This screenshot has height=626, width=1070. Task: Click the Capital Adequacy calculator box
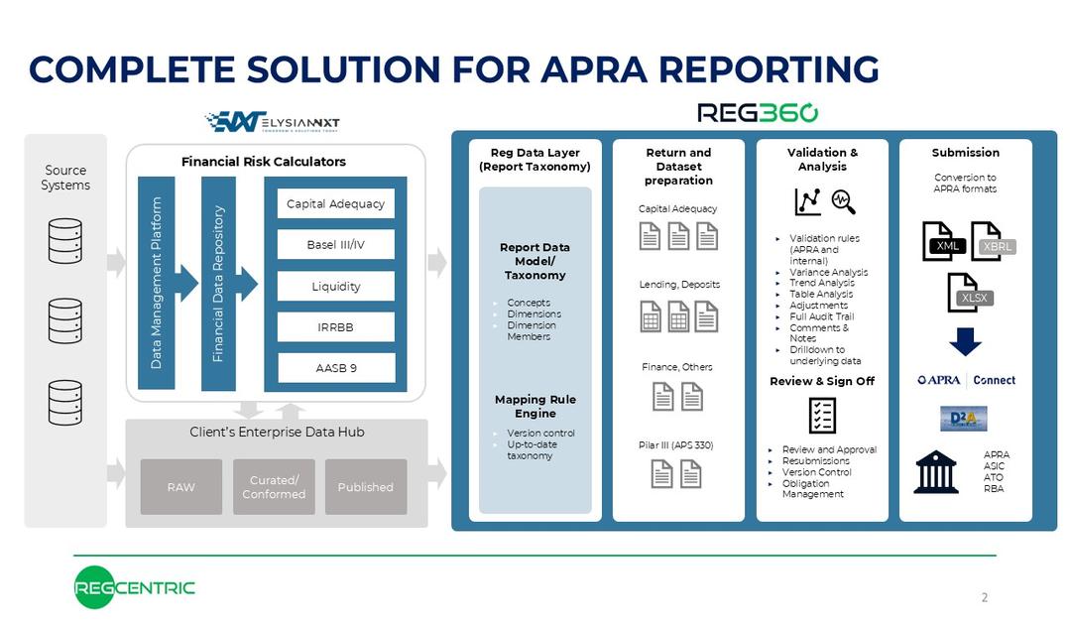(x=335, y=203)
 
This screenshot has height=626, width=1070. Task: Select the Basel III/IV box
(x=335, y=245)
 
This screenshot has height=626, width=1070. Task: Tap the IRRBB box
(x=335, y=326)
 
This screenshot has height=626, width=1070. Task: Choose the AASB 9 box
(x=335, y=368)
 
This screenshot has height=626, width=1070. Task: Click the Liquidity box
(x=335, y=286)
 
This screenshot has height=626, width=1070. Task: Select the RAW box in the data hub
(x=181, y=487)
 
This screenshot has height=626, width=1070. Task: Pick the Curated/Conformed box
(x=274, y=487)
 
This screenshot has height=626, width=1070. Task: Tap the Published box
(x=366, y=487)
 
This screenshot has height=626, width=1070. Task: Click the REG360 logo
(x=758, y=112)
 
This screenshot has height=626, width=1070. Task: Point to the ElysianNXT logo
(x=272, y=122)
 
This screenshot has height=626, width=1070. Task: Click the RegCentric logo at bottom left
(x=134, y=588)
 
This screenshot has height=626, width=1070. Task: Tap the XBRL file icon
(x=991, y=243)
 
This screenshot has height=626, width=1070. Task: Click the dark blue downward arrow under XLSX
(x=965, y=341)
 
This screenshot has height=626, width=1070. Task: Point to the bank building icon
(x=935, y=472)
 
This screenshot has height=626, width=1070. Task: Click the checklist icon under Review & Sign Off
(x=822, y=415)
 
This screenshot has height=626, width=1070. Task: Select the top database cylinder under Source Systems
(x=65, y=240)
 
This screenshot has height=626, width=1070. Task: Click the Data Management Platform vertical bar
(x=157, y=284)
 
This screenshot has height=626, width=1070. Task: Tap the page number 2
(x=984, y=597)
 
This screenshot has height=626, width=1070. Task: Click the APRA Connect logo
(x=966, y=380)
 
